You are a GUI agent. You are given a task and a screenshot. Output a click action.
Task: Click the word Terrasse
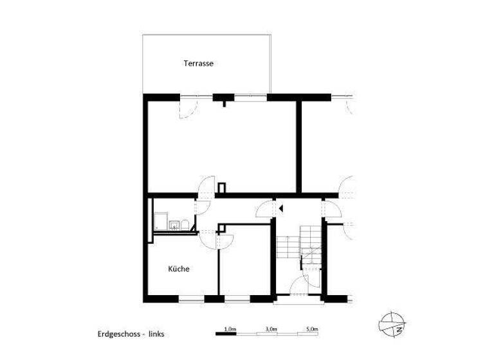pyautogui.click(x=198, y=64)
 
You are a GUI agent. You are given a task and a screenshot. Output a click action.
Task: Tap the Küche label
pyautogui.click(x=179, y=269)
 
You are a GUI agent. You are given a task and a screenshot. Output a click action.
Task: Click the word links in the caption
pyautogui.click(x=157, y=335)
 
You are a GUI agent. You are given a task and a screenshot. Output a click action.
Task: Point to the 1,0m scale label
pyautogui.click(x=230, y=328)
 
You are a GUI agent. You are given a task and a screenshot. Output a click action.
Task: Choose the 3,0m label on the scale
pyautogui.click(x=271, y=328)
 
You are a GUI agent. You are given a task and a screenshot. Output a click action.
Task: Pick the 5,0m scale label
pyautogui.click(x=313, y=328)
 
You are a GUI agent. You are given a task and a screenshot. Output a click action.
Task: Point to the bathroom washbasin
pyautogui.click(x=174, y=224)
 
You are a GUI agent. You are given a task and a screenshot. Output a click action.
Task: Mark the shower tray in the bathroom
pyautogui.click(x=160, y=222)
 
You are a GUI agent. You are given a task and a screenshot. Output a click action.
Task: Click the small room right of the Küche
pyautogui.click(x=245, y=264)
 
